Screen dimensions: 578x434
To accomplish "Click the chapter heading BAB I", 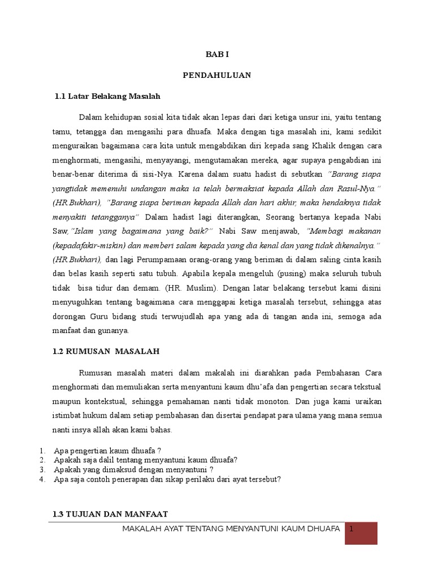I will [x=217, y=55].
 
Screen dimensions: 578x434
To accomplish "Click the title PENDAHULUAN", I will [x=217, y=76].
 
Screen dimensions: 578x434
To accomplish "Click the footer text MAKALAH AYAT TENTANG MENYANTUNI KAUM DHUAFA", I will [x=231, y=529].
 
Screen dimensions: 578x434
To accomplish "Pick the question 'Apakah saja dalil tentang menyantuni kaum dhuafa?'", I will [x=145, y=460].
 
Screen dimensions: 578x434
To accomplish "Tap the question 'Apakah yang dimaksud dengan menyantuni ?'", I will [x=133, y=470].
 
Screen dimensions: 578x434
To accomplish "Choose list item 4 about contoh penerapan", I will [x=167, y=479].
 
